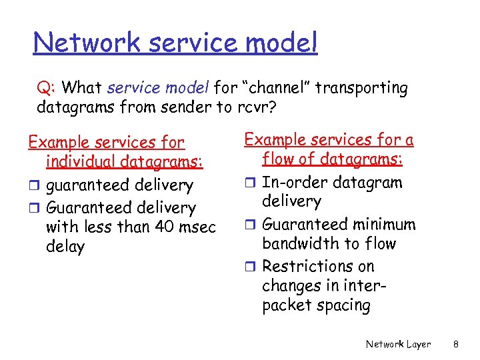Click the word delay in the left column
pyautogui.click(x=65, y=247)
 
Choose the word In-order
pyautogui.click(x=292, y=183)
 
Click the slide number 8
pyautogui.click(x=455, y=344)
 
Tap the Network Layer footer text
pyautogui.click(x=398, y=344)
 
